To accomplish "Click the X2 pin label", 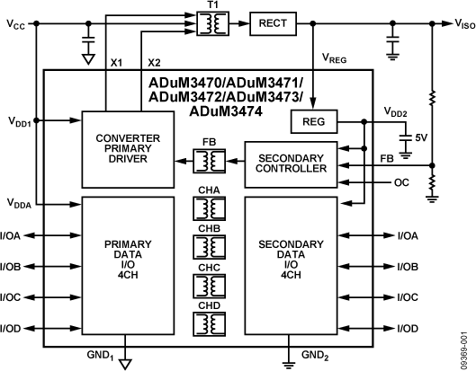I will [154, 63].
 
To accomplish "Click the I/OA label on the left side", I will [12, 236].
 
